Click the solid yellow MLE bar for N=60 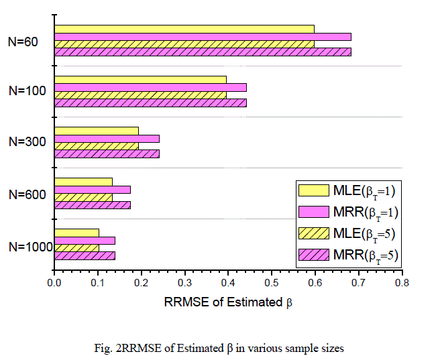pos(184,29)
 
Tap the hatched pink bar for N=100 pos(150,103)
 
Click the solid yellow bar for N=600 pos(83,182)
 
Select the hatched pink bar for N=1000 pos(85,255)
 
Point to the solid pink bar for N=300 pos(107,139)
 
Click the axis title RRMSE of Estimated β pos(228,302)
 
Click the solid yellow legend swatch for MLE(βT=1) pos(315,190)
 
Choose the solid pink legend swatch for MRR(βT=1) pos(315,212)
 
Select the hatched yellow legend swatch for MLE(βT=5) pos(315,233)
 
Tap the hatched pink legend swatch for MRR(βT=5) pos(315,254)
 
